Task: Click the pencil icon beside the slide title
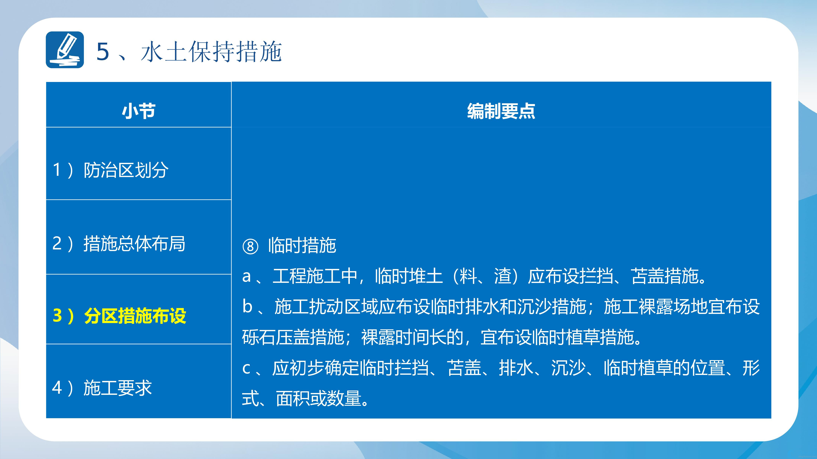click(x=65, y=50)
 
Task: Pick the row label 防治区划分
click(x=126, y=170)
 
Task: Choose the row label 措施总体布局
click(x=134, y=244)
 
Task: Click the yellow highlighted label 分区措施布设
click(x=135, y=316)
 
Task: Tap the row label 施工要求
click(x=118, y=388)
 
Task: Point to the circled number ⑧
click(x=250, y=246)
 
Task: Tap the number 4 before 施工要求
click(x=57, y=388)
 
